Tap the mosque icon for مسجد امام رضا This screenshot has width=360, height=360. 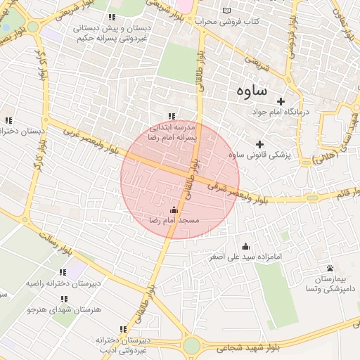pos(174,209)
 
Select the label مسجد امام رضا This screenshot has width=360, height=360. pos(174,220)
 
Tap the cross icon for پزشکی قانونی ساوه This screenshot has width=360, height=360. pos(260,144)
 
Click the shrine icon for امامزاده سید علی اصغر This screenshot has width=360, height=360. pos(245,246)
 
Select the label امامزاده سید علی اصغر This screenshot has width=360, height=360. pos(245,257)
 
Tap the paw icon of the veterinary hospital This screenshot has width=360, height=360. pos(330,269)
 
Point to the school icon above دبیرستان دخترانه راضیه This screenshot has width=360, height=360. pos(63,272)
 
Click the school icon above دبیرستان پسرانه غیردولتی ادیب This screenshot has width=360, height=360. pos(124,329)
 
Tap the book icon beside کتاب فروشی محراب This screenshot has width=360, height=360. pos(226,11)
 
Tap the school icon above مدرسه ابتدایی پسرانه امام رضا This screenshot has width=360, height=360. pos(171,117)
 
